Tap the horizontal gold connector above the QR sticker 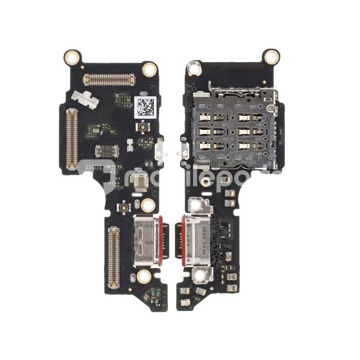point(109,80)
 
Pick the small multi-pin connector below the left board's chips point(107,151)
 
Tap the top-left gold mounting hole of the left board point(72,57)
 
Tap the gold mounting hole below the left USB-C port point(144,276)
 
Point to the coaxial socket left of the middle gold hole point(122,207)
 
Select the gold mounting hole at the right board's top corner point(271,57)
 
